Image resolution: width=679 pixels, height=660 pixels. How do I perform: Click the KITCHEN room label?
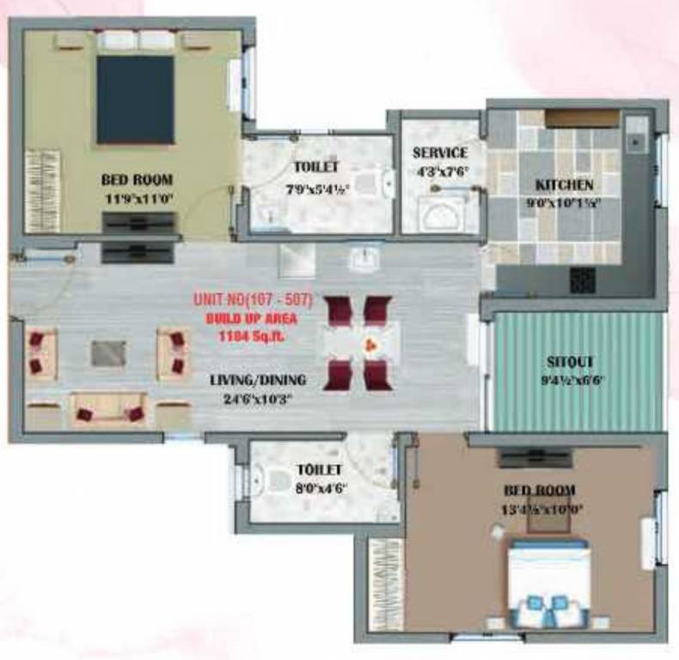tap(565, 185)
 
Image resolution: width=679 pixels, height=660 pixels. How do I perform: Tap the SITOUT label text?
tap(571, 362)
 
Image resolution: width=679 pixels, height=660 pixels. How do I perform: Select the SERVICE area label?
tap(439, 153)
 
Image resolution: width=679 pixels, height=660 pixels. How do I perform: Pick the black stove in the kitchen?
tap(584, 278)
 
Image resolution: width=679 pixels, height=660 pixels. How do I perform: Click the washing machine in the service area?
tap(441, 213)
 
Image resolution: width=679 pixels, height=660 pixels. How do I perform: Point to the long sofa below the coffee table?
tap(108, 410)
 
